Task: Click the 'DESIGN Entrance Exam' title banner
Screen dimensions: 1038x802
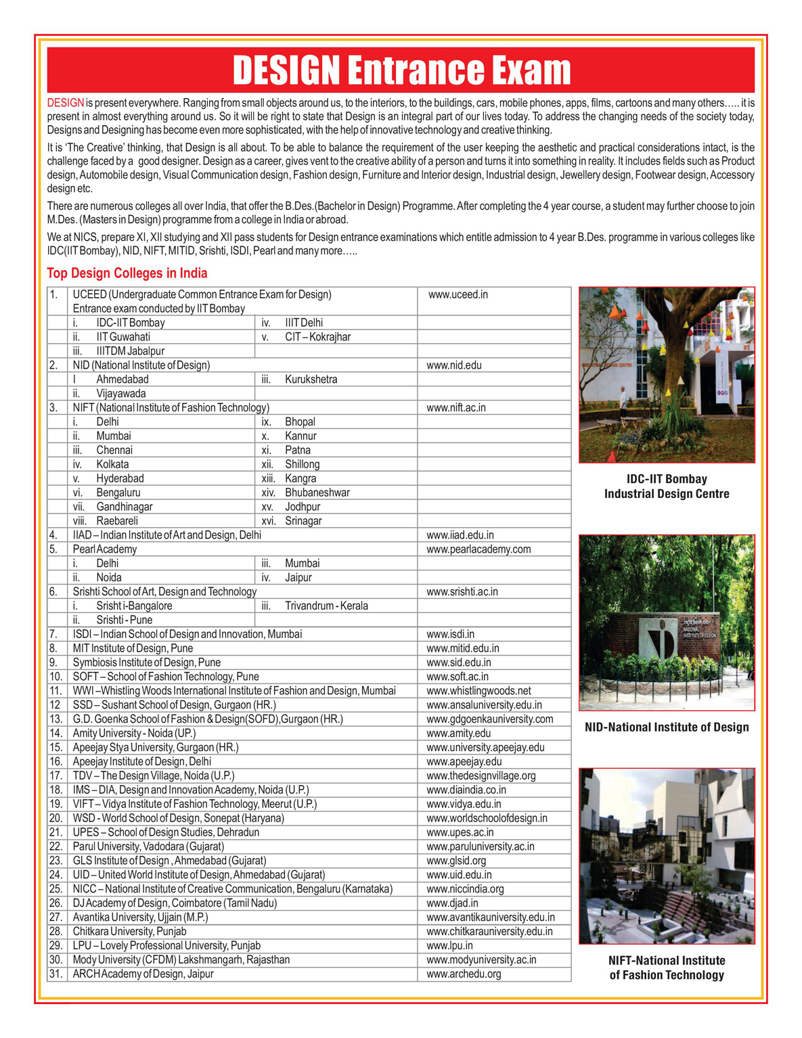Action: tap(401, 70)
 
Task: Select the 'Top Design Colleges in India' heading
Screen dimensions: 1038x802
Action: tap(127, 273)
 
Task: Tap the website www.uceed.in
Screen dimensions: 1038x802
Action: tap(458, 295)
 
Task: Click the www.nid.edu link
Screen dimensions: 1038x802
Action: tap(454, 365)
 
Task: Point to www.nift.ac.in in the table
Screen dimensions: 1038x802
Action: tap(456, 408)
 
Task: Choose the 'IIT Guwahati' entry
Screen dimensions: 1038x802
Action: tap(123, 337)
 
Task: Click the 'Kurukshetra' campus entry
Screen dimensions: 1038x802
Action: tap(311, 380)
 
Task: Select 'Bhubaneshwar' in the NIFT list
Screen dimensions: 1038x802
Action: tap(317, 493)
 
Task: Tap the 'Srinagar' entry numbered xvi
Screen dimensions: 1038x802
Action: tap(303, 521)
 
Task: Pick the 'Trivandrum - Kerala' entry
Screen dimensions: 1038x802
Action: tap(326, 606)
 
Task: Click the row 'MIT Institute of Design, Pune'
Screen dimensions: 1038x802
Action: tap(133, 648)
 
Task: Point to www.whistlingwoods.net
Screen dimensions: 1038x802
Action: tap(479, 691)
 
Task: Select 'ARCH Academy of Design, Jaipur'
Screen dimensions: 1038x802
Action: tap(143, 974)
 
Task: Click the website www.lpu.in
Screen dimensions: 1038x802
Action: tap(450, 946)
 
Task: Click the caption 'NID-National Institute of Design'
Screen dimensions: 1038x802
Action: tap(667, 727)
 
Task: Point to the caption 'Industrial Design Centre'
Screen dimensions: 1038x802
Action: tap(667, 494)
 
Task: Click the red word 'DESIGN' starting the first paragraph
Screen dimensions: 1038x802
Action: tap(66, 104)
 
